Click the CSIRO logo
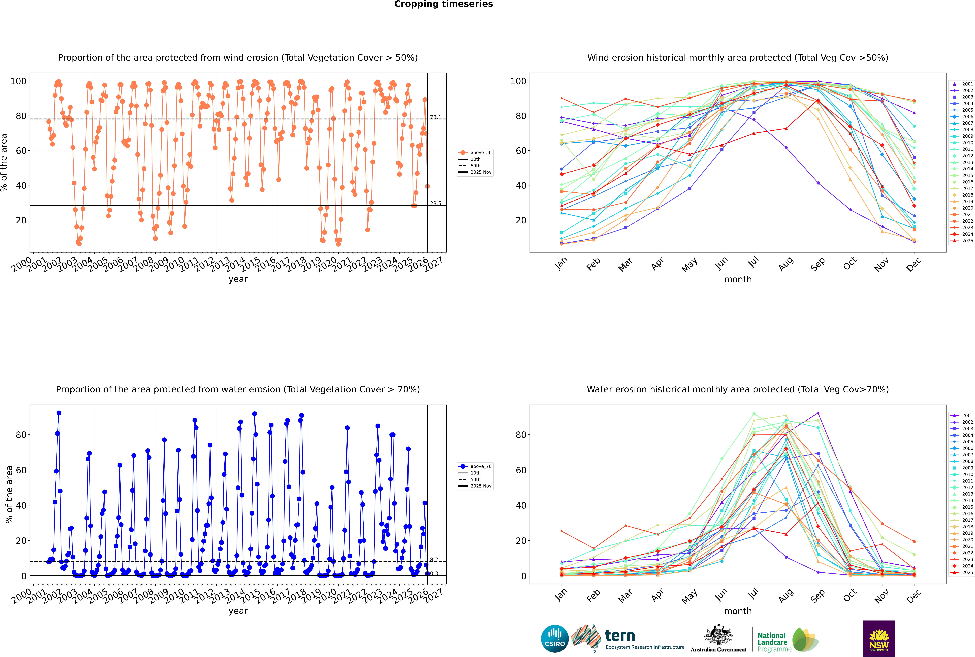[x=555, y=639]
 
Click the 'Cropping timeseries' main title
[x=443, y=4]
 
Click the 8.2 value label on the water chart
[x=434, y=560]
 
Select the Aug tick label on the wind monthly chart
[x=786, y=264]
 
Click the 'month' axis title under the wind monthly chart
[x=738, y=280]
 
